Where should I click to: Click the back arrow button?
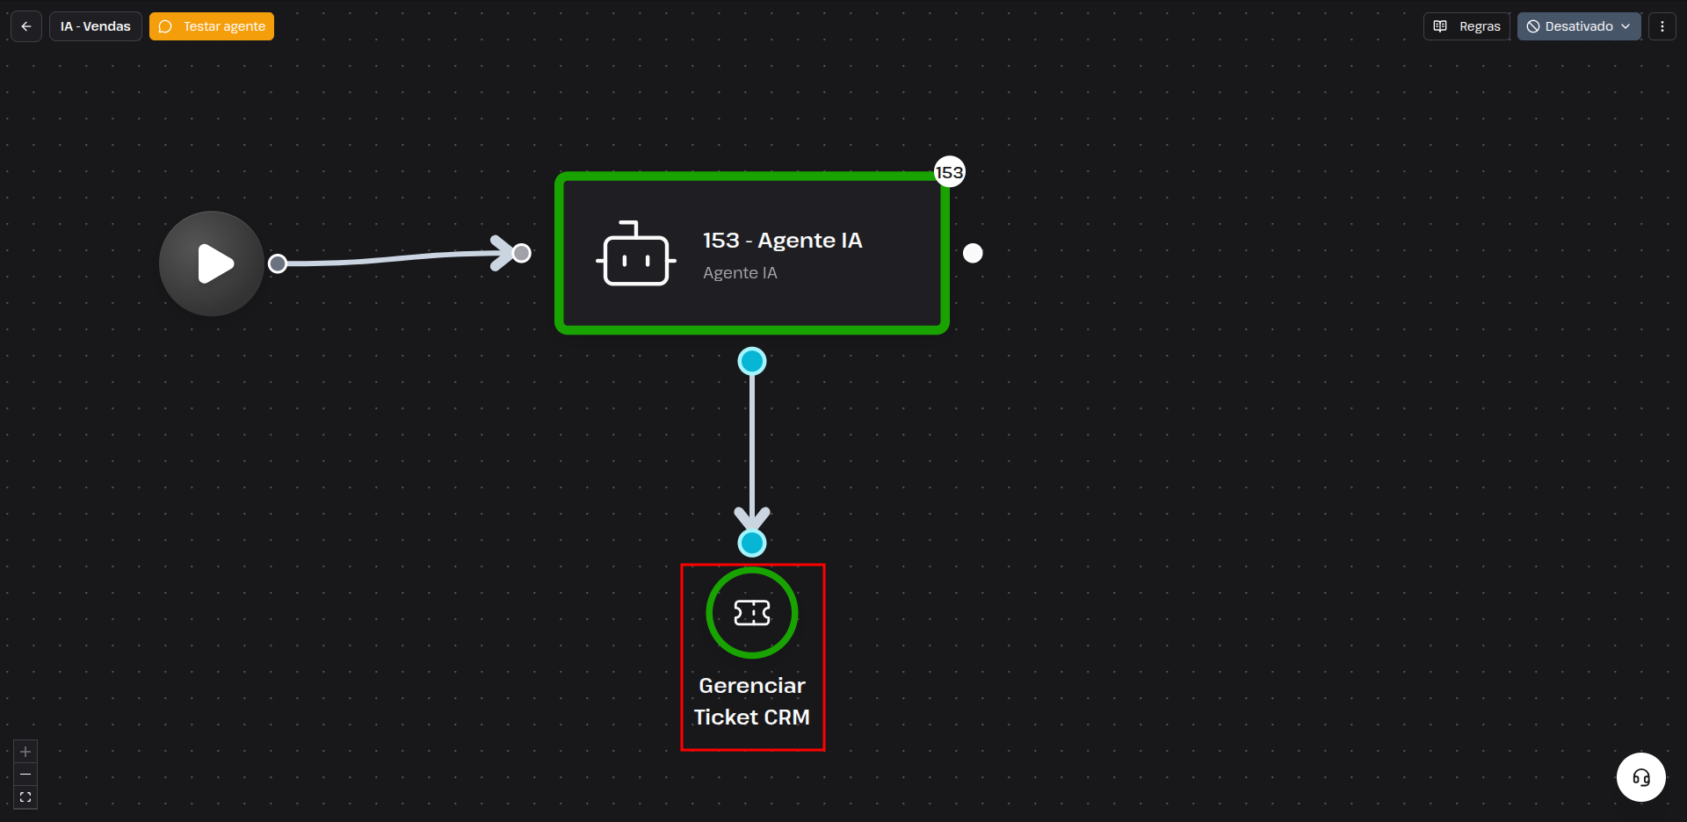click(26, 26)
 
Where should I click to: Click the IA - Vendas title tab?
click(95, 26)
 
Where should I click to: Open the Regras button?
click(1466, 26)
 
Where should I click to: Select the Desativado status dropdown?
click(1578, 26)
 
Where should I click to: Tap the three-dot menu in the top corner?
click(1662, 26)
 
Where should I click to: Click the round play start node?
click(212, 263)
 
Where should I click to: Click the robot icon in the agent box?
click(636, 253)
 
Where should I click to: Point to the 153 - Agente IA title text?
click(782, 241)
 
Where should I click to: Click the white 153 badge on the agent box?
click(949, 172)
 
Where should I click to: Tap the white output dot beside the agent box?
click(973, 253)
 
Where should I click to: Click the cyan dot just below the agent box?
click(752, 361)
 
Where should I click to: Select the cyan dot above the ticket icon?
click(752, 543)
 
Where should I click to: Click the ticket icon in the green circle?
click(752, 613)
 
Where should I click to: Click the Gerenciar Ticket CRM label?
click(752, 701)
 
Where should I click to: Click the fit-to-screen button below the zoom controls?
click(25, 797)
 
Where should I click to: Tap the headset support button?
click(1641, 777)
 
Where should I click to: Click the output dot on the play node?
click(278, 263)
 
